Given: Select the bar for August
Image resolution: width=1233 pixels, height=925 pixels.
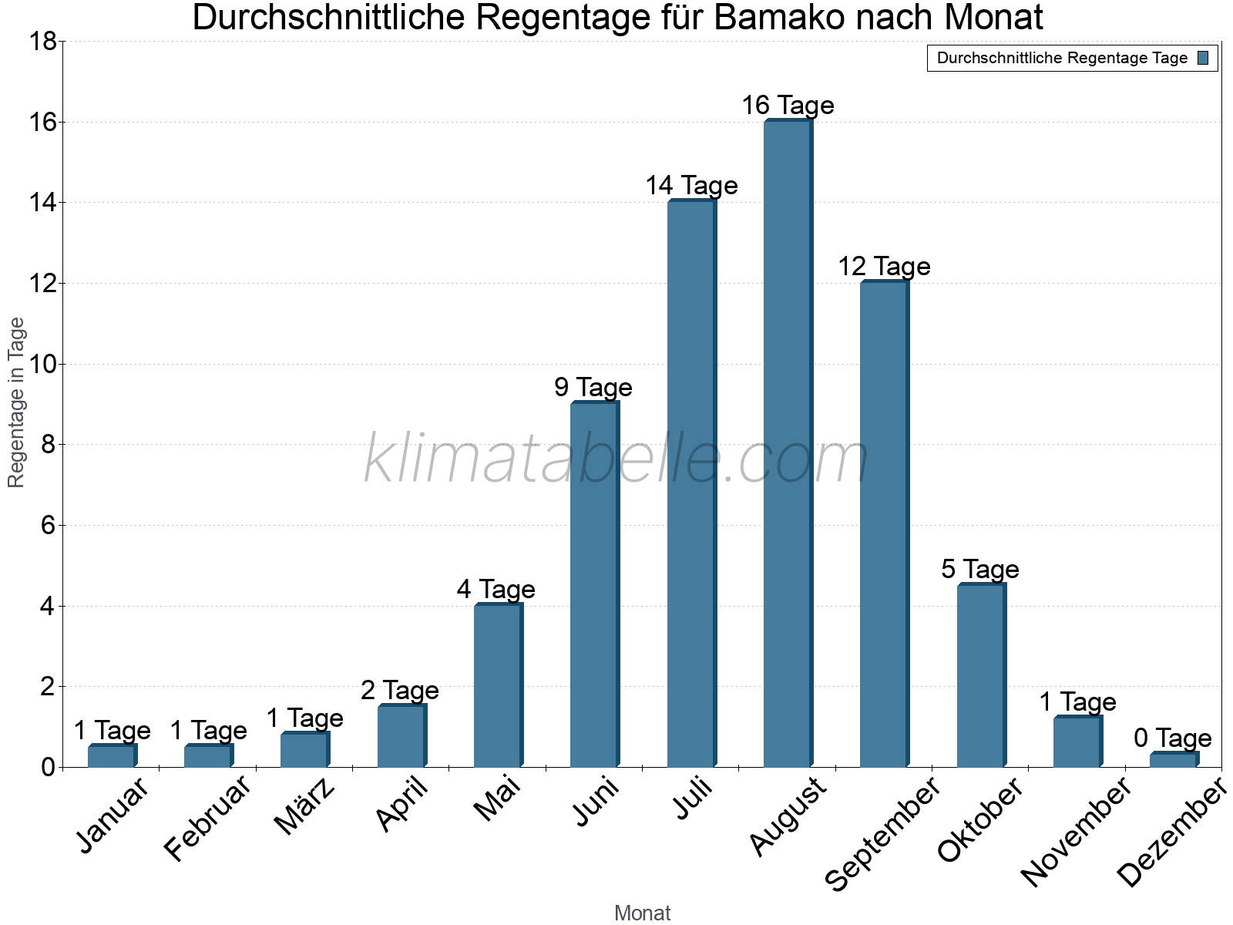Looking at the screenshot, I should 788,443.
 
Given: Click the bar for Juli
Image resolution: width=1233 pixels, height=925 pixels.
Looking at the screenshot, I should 691,483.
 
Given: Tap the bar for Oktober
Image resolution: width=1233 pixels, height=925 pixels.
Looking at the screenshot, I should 981,675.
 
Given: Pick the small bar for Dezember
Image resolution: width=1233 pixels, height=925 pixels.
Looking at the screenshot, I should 1174,760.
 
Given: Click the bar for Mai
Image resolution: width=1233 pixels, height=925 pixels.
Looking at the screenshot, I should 498,685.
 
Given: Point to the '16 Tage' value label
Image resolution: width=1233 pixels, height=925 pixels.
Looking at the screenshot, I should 788,106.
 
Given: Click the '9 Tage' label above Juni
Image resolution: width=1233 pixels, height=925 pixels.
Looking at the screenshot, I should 593,388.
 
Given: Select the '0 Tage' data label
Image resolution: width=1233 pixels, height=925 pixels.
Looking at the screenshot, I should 1173,738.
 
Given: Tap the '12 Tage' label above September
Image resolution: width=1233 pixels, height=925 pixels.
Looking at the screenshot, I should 884,267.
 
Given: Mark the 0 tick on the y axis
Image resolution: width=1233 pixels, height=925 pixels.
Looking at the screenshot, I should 48,767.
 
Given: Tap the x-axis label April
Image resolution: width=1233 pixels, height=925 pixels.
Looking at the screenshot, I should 402,805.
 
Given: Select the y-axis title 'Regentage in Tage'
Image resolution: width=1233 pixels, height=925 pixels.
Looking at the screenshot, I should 17,402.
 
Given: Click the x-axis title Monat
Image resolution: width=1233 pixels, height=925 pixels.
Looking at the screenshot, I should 642,913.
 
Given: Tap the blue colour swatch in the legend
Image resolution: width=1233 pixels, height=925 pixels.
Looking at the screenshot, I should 1203,58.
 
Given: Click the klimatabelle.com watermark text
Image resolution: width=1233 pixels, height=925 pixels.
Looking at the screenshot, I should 616,459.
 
